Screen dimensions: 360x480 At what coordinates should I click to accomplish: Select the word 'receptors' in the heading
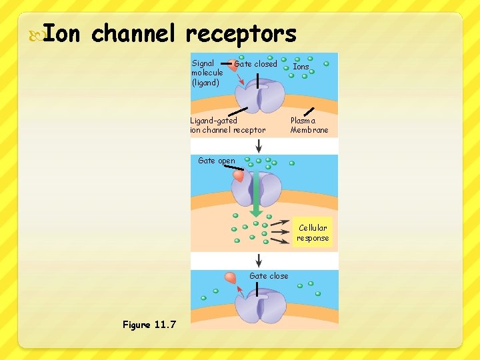tap(241, 33)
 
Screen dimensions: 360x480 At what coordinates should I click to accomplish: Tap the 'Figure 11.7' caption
tap(149, 325)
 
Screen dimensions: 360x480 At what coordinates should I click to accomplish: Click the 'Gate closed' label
tap(255, 64)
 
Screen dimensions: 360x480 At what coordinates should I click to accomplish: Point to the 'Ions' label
tap(301, 67)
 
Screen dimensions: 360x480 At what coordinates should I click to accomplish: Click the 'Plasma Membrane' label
tap(309, 125)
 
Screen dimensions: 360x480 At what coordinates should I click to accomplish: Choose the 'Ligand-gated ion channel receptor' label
tap(227, 125)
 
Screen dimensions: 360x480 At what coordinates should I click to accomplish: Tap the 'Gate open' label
tap(217, 161)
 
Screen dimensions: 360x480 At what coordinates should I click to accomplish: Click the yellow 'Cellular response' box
tap(313, 233)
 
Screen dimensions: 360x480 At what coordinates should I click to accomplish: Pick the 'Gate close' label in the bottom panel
tap(269, 276)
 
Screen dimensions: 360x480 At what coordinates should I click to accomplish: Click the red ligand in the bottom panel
tap(231, 277)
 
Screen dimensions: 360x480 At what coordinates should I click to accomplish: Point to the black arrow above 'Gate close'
tap(259, 260)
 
